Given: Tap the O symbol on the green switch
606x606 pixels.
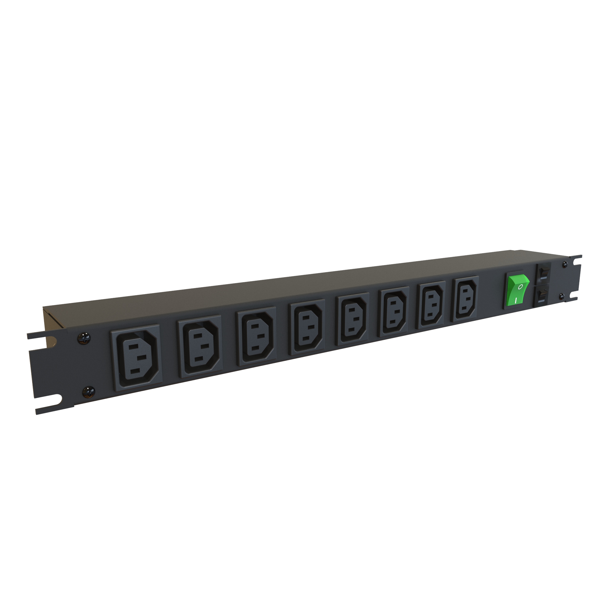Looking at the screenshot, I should pos(520,286).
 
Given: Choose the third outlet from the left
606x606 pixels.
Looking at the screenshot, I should pos(257,336).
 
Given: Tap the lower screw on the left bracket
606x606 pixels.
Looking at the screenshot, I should pos(88,391).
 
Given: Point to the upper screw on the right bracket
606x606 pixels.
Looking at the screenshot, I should pos(565,264).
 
